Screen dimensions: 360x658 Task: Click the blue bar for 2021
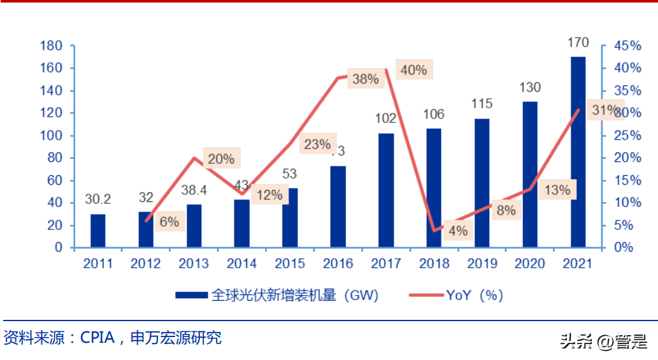pos(578,152)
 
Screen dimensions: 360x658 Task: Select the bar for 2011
pos(98,231)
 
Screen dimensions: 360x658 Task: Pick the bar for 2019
pos(482,183)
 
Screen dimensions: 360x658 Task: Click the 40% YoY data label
pos(414,70)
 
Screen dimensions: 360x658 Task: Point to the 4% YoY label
pos(458,231)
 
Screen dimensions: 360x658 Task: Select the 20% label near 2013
pos(221,159)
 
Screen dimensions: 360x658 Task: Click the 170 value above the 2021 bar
pos(578,43)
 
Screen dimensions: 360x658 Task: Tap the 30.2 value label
pos(98,199)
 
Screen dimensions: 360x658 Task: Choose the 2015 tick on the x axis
pos(290,263)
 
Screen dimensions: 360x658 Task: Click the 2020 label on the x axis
pos(530,263)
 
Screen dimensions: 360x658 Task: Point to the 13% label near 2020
pos(557,190)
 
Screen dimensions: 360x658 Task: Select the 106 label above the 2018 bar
pos(434,115)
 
